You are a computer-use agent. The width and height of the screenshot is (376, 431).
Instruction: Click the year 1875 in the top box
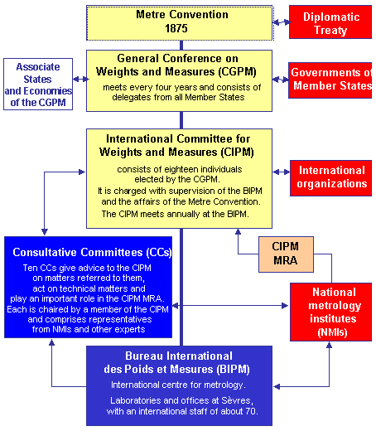point(176,28)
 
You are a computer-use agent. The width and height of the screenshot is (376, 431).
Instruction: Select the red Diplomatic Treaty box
point(330,22)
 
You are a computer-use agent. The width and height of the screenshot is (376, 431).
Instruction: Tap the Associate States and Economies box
point(38,84)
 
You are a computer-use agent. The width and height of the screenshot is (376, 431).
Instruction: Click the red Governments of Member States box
point(330,80)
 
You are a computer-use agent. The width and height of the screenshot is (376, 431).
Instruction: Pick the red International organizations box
point(330,178)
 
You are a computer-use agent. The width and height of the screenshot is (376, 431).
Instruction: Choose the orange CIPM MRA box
point(286,254)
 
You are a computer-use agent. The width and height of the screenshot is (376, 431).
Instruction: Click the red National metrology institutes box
point(330,312)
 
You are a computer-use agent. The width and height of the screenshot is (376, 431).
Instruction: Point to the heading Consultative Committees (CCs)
point(92,252)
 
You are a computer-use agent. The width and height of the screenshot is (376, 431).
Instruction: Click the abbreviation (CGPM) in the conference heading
point(237,71)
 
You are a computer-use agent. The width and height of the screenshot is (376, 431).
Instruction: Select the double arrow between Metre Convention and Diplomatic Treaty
point(281,22)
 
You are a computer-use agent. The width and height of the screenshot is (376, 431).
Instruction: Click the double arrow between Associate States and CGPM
point(80,80)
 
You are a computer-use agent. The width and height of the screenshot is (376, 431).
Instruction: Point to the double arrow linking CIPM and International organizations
point(282,172)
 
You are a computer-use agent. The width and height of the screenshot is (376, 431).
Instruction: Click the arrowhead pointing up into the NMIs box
point(329,345)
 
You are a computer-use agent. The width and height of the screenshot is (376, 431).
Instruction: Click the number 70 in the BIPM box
point(251,411)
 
